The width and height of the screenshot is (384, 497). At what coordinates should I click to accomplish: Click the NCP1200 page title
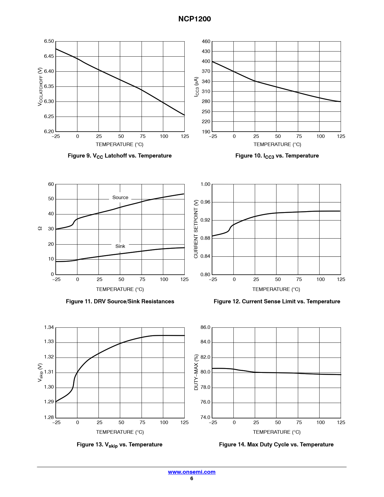195,19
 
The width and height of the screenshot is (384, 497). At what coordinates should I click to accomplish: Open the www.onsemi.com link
192,472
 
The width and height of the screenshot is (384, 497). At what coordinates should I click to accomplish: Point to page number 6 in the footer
192,479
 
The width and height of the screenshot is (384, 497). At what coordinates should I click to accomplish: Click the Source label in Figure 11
120,198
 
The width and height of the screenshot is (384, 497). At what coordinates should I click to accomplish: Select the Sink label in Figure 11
120,246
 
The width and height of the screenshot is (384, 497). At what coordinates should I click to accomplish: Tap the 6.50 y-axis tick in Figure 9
49,41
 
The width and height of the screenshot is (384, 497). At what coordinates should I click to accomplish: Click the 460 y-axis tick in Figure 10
206,42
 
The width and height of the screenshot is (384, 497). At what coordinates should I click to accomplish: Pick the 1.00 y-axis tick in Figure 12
205,184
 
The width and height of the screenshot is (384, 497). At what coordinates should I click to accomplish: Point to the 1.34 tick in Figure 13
49,327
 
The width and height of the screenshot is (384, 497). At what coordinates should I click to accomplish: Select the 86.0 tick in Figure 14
205,327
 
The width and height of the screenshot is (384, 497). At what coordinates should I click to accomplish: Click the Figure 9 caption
120,156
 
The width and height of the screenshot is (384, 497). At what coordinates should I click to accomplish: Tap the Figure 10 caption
277,156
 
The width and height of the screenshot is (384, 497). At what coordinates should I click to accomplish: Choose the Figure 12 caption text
277,302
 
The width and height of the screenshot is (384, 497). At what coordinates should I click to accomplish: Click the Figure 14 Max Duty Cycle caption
276,445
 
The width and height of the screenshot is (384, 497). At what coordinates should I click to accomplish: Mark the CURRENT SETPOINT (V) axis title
196,229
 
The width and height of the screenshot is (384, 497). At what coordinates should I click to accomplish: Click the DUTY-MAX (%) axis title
196,372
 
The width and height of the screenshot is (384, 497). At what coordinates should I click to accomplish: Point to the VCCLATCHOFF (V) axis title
40,87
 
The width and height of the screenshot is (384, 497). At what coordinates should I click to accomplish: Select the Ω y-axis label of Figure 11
40,229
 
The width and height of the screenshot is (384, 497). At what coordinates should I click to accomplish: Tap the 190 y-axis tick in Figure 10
206,132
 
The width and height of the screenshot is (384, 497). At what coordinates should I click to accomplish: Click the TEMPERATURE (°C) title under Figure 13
120,432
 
